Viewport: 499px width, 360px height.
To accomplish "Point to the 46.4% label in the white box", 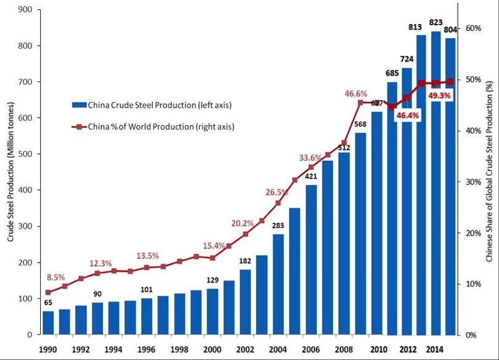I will pos(408,115).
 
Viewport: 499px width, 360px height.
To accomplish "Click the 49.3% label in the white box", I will pos(440,96).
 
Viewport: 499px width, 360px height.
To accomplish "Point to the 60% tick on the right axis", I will pos(472,28).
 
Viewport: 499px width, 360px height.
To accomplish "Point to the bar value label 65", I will pos(47,303).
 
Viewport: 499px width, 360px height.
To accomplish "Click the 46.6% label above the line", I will pos(356,94).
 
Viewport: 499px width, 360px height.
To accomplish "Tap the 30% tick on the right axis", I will pos(472,182).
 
